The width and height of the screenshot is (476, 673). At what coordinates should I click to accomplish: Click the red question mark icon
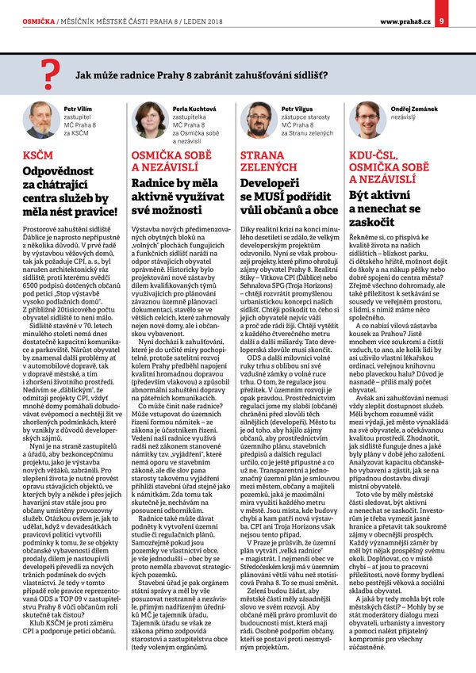pos(52,74)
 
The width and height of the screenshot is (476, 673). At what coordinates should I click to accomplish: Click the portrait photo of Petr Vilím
pos(42,120)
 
